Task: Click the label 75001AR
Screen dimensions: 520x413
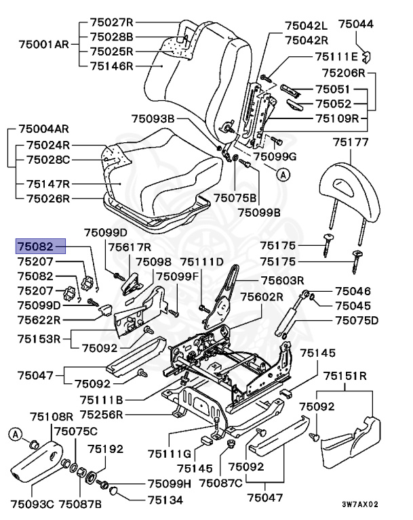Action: (x=43, y=44)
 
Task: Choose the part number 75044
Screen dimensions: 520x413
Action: (x=356, y=24)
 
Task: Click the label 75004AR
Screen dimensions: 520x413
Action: (x=43, y=129)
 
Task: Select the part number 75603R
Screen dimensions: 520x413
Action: (x=282, y=280)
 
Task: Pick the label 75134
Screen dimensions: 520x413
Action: (x=165, y=500)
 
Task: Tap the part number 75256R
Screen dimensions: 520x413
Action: (x=101, y=414)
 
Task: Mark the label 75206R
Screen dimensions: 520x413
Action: (x=344, y=72)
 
